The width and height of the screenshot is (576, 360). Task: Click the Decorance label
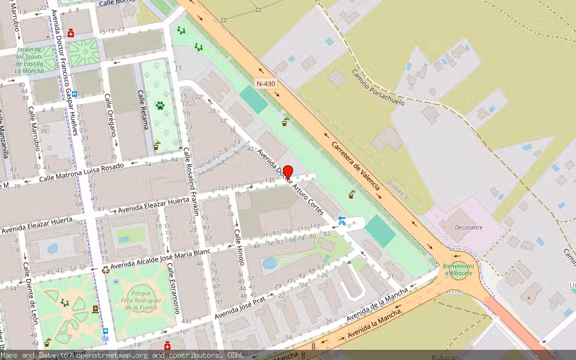[469, 227]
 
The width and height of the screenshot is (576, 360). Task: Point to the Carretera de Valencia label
[356, 162]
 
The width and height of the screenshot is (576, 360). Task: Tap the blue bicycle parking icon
[341, 221]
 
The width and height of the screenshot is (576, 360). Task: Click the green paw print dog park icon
[160, 106]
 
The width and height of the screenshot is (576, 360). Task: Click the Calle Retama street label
[143, 110]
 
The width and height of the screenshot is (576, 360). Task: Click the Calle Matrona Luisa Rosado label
[81, 173]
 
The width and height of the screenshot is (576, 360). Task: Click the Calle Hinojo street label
[239, 243]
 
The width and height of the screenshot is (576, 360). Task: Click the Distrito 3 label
[397, 189]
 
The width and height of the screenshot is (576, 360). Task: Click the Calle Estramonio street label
[174, 288]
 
